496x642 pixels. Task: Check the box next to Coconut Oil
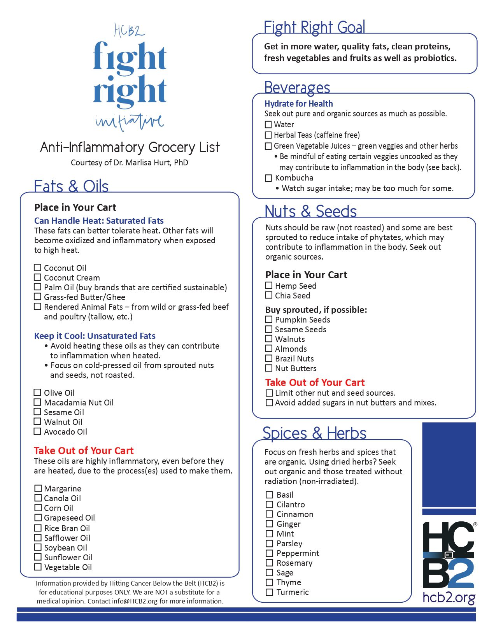click(37, 268)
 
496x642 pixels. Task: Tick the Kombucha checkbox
click(268, 178)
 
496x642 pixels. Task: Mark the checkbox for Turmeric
click(269, 592)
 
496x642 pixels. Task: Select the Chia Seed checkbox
click(268, 295)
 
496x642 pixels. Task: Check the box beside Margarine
click(38, 488)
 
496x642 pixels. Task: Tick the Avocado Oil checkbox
click(37, 432)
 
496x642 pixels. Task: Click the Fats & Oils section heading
click(71, 186)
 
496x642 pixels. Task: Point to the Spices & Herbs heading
click(314, 433)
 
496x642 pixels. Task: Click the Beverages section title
click(297, 88)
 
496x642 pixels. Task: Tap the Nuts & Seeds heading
click(310, 211)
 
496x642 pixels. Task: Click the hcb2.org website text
click(449, 597)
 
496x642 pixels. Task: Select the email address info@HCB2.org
click(135, 601)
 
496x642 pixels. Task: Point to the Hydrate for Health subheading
click(298, 103)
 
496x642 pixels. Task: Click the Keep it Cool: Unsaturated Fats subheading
click(95, 336)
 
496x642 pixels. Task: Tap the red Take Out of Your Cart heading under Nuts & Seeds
click(315, 382)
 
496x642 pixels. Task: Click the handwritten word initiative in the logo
click(130, 122)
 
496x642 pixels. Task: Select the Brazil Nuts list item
click(294, 359)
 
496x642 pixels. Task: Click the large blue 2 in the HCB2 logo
click(461, 574)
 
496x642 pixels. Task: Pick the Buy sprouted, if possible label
click(316, 310)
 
